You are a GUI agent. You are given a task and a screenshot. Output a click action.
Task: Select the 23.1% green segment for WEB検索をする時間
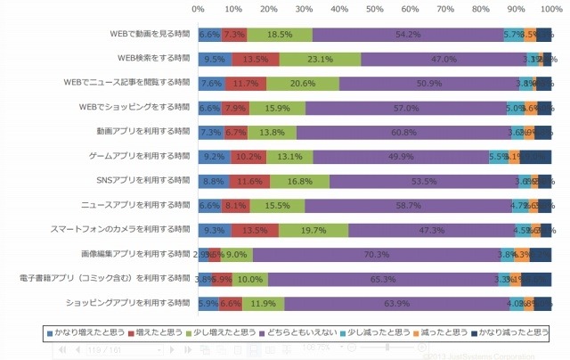[320, 60]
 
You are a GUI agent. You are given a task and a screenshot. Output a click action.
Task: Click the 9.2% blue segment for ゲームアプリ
[214, 157]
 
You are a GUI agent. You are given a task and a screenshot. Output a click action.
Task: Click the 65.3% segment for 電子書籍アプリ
[383, 278]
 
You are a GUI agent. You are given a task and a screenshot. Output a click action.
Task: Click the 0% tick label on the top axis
[198, 9]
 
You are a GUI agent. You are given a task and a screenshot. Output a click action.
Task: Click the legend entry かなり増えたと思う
[87, 332]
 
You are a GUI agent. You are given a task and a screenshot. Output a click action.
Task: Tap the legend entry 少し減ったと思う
[372, 332]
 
